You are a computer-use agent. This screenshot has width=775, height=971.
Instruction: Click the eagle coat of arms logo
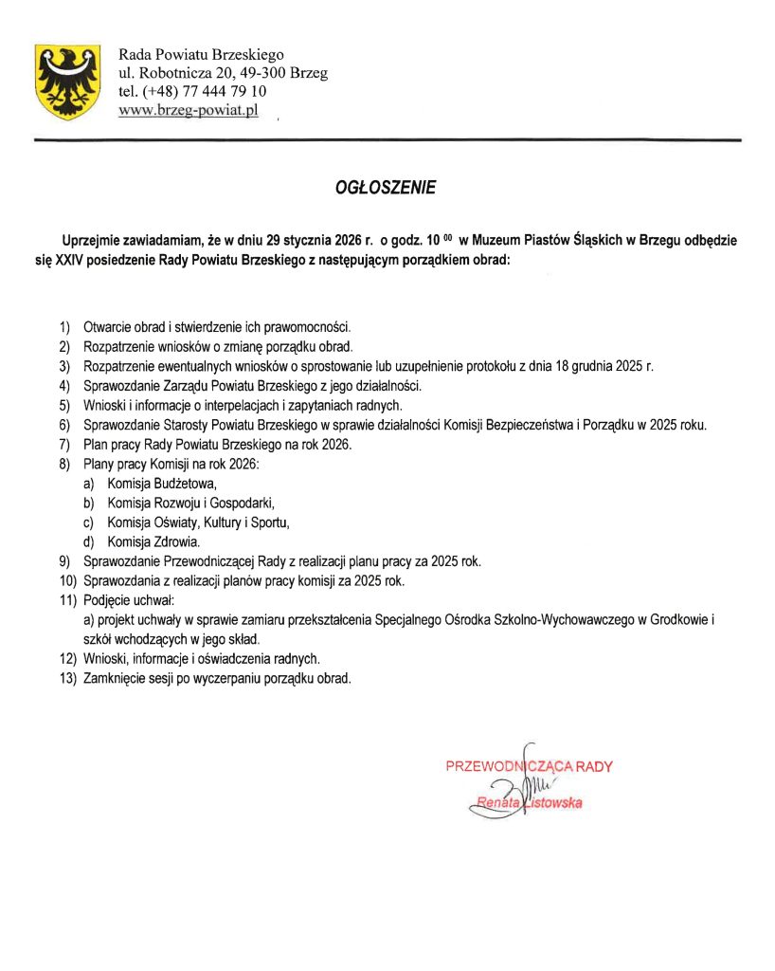point(67,81)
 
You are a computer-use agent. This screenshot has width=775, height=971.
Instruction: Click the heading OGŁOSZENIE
point(387,188)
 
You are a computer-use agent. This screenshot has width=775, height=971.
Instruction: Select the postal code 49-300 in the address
point(266,73)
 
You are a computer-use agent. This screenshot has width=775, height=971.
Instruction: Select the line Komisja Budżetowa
point(162,483)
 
